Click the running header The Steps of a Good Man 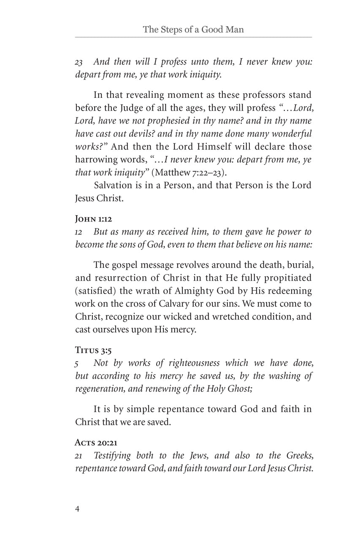point(193,30)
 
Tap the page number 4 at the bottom point(77,508)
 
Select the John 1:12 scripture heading point(94,219)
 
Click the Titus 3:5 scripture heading point(93,350)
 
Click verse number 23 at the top point(78,62)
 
